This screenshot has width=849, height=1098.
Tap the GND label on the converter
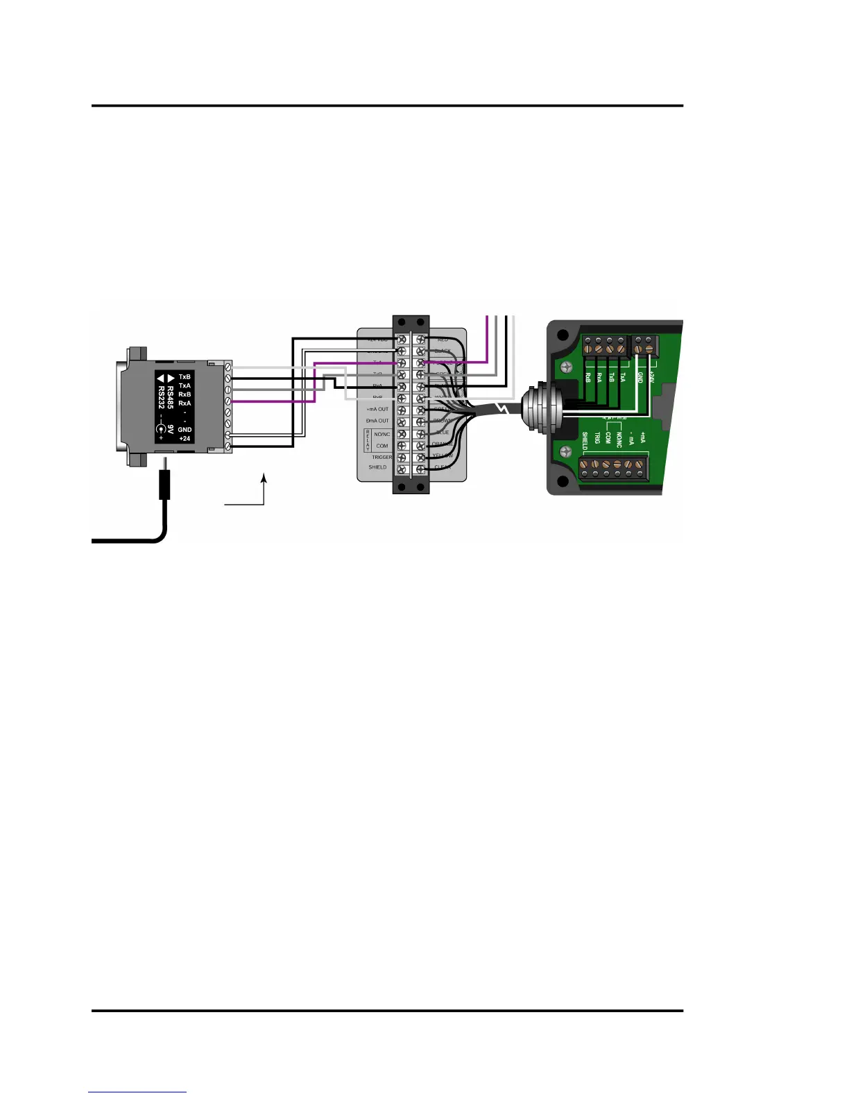pyautogui.click(x=185, y=430)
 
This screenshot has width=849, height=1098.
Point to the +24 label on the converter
pyautogui.click(x=185, y=439)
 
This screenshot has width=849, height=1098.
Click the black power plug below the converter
pyautogui.click(x=164, y=484)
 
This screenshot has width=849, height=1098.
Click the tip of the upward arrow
pyautogui.click(x=264, y=476)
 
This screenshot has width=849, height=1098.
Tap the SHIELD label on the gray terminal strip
pyautogui.click(x=377, y=467)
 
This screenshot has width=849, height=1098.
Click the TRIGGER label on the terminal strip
pyautogui.click(x=381, y=458)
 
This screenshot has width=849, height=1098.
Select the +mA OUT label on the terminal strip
pyautogui.click(x=377, y=409)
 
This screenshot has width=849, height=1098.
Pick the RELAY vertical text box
pyautogui.click(x=368, y=439)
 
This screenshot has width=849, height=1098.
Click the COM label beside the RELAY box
pyautogui.click(x=381, y=446)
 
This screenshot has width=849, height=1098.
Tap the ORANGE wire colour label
pyautogui.click(x=443, y=444)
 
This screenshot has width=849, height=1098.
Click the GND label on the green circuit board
pyautogui.click(x=640, y=377)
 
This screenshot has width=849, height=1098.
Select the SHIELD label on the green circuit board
pyautogui.click(x=585, y=442)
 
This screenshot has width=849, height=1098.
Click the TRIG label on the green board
pyautogui.click(x=597, y=438)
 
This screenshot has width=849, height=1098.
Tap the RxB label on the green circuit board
pyautogui.click(x=588, y=377)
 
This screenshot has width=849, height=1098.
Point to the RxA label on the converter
pyautogui.click(x=185, y=403)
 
